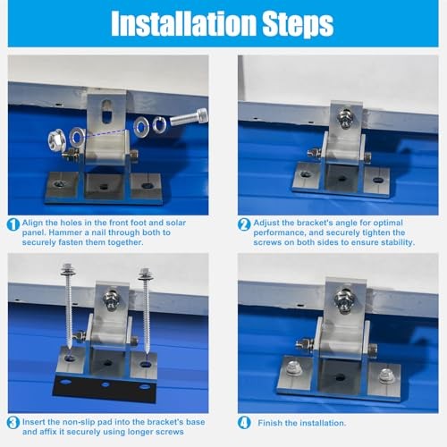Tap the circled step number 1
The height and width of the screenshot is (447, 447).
13,224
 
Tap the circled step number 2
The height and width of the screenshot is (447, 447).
243,224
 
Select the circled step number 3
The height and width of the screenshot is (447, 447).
13,422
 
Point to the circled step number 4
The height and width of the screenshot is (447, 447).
243,422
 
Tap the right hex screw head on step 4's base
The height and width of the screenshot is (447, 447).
386,376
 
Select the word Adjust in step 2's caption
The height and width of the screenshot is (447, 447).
267,222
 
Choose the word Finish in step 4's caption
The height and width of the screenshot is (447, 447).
267,422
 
